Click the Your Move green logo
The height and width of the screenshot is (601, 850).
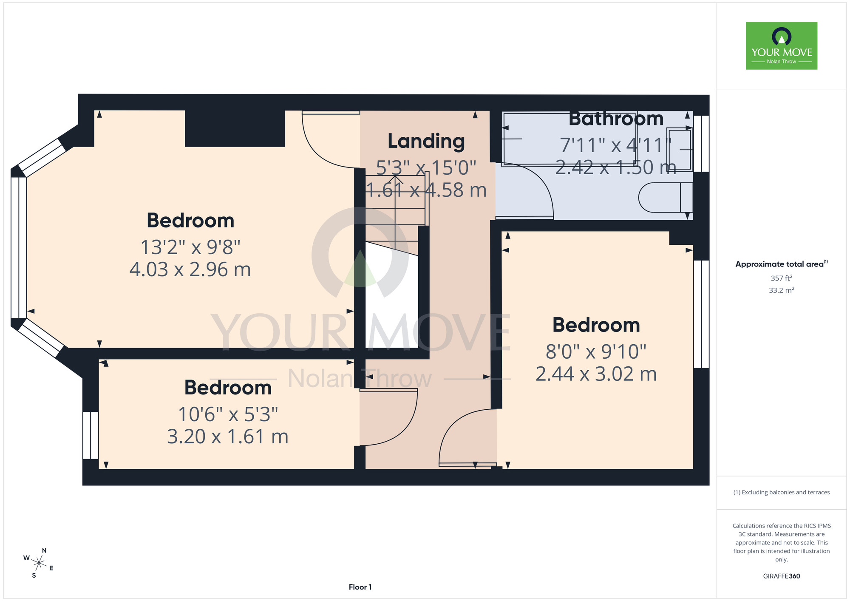pyautogui.click(x=781, y=46)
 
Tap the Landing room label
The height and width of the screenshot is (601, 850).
pyautogui.click(x=426, y=142)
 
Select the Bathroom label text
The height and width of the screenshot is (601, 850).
pyautogui.click(x=616, y=119)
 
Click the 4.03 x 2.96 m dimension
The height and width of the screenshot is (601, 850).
pyautogui.click(x=190, y=269)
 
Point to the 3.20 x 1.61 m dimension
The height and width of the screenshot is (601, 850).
pyautogui.click(x=228, y=437)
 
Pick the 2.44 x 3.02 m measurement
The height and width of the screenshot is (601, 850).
pyautogui.click(x=596, y=374)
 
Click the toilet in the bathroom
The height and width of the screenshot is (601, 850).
pyautogui.click(x=666, y=197)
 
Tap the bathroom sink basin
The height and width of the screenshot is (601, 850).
pyautogui.click(x=679, y=149)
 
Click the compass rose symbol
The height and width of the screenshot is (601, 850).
pyautogui.click(x=39, y=564)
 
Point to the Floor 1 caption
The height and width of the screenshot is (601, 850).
pyautogui.click(x=360, y=587)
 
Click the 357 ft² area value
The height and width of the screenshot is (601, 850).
pyautogui.click(x=782, y=278)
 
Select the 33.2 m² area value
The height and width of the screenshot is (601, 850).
pyautogui.click(x=782, y=290)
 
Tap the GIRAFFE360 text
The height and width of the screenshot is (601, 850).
pyautogui.click(x=782, y=576)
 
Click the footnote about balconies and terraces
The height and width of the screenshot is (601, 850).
pyautogui.click(x=782, y=492)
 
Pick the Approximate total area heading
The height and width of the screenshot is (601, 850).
pyautogui.click(x=782, y=264)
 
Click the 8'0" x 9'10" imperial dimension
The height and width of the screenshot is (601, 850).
pyautogui.click(x=596, y=352)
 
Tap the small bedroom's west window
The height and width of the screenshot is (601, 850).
pyautogui.click(x=91, y=435)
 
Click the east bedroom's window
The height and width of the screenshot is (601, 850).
pyautogui.click(x=701, y=314)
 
